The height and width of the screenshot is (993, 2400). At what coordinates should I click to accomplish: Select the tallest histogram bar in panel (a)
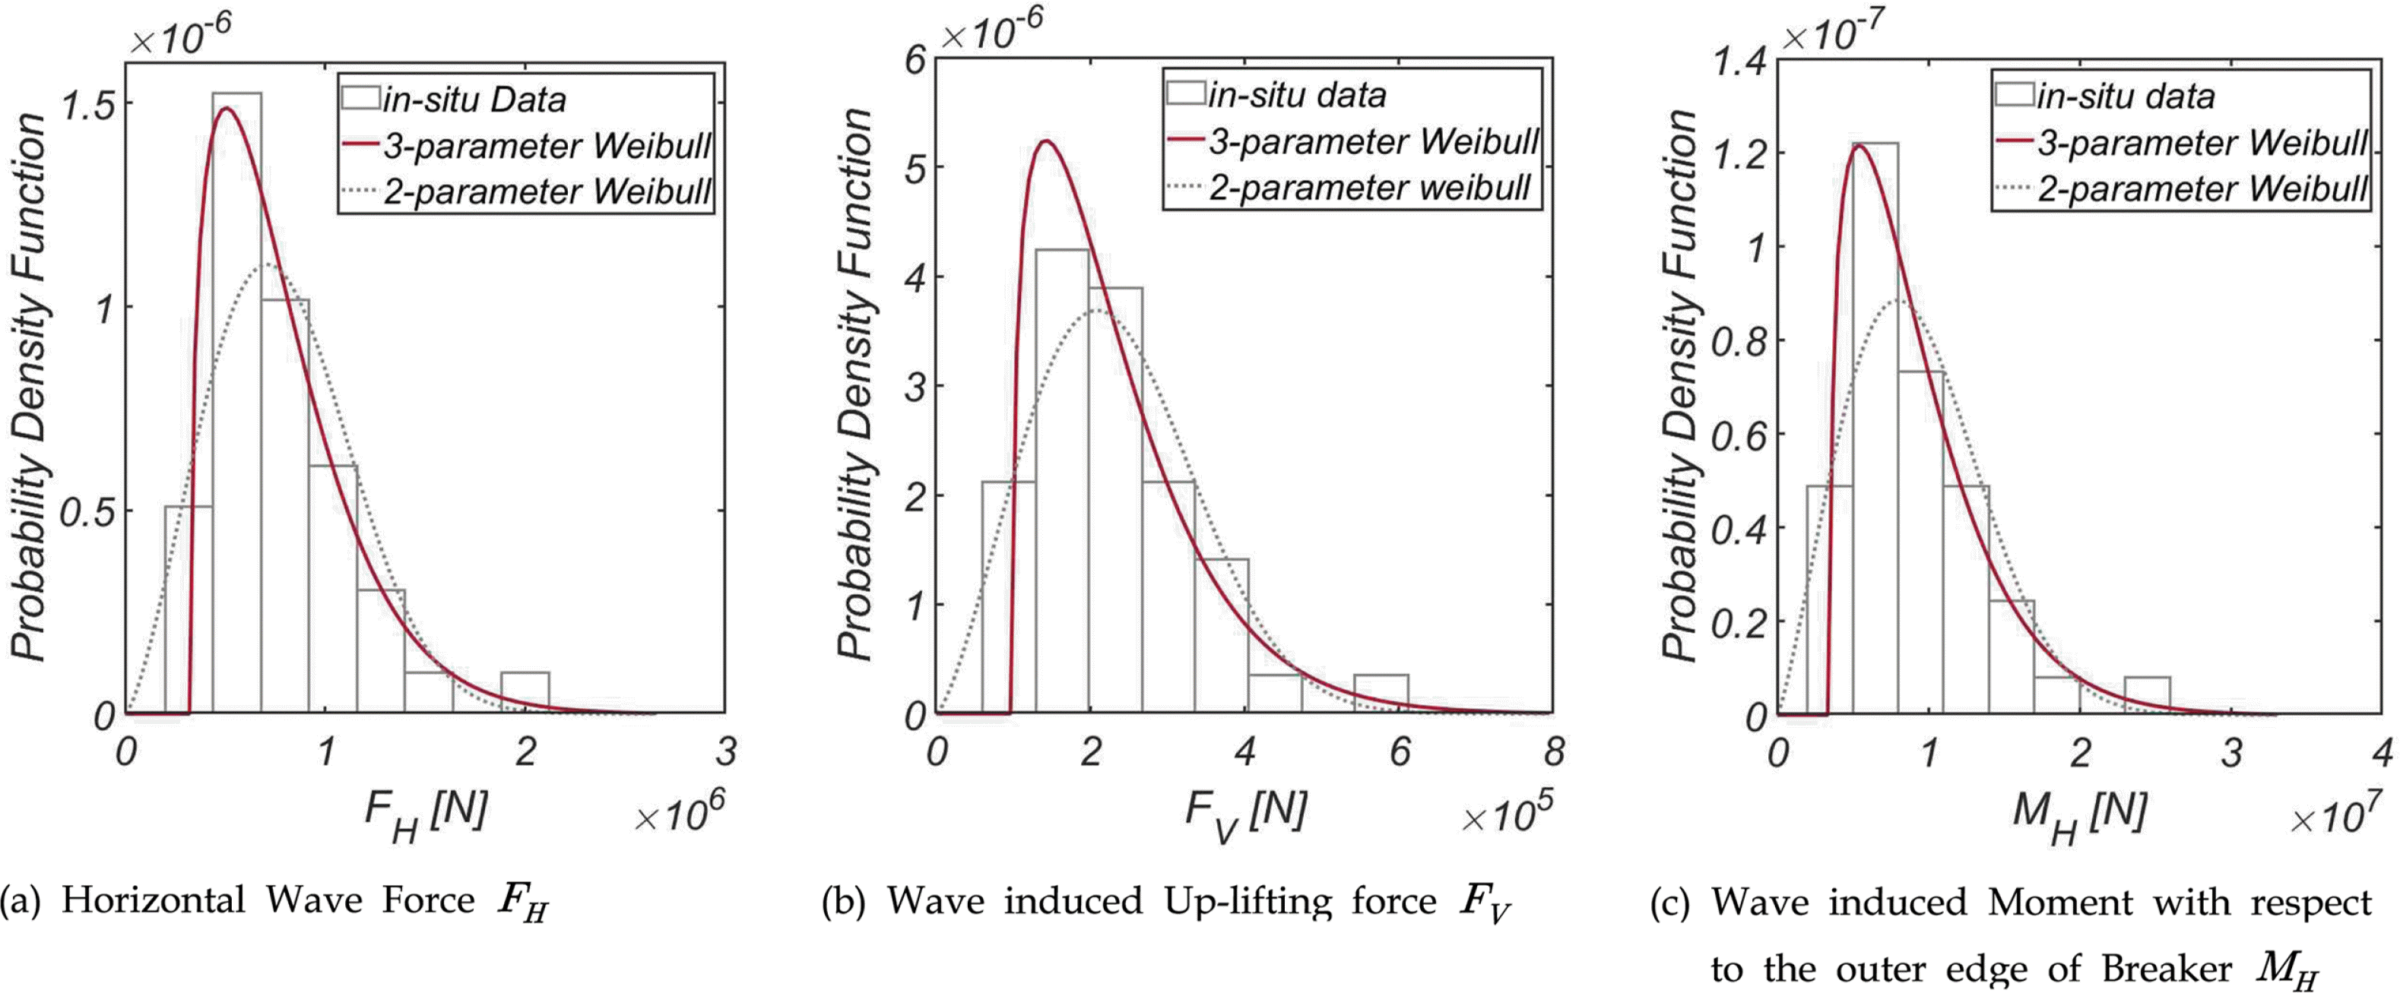point(236,400)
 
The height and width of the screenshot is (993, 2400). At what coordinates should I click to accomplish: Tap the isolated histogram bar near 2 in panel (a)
point(525,691)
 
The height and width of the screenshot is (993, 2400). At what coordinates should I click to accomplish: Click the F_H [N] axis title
point(426,813)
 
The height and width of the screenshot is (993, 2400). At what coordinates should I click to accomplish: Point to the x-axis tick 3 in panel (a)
point(724,751)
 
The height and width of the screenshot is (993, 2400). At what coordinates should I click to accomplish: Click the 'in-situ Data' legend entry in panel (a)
point(474,100)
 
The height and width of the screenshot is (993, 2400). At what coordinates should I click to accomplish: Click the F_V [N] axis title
point(1246,813)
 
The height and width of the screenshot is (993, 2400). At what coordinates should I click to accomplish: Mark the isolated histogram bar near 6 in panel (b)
point(1381,693)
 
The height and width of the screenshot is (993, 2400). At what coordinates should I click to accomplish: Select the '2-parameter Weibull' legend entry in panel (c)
point(2202,189)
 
